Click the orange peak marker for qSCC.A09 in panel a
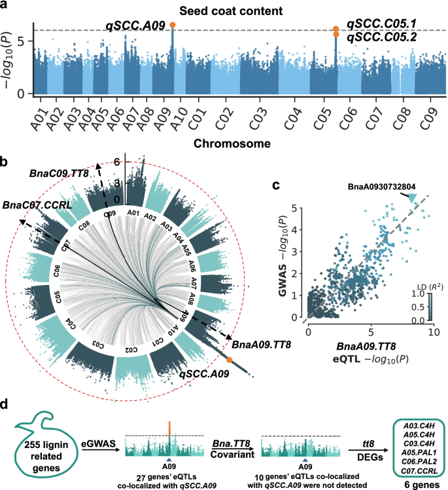pyautogui.click(x=172, y=25)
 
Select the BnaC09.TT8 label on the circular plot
pyautogui.click(x=57, y=174)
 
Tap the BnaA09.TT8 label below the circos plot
pyautogui.click(x=260, y=341)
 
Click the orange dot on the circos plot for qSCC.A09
pyautogui.click(x=229, y=360)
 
